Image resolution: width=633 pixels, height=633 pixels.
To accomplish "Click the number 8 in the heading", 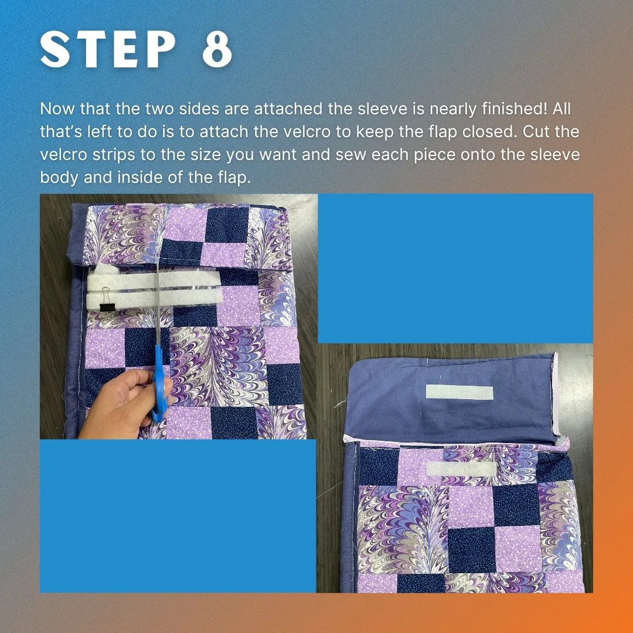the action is (x=217, y=49).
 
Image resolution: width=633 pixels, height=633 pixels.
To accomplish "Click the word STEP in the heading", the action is (x=108, y=49).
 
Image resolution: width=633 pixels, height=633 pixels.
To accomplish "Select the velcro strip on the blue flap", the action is (x=460, y=392).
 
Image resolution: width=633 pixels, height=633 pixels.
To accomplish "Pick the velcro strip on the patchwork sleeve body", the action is (x=461, y=469).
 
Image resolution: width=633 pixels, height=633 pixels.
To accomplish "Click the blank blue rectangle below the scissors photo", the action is (x=178, y=516).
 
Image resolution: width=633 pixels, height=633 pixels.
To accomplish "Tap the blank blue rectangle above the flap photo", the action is (x=455, y=268).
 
